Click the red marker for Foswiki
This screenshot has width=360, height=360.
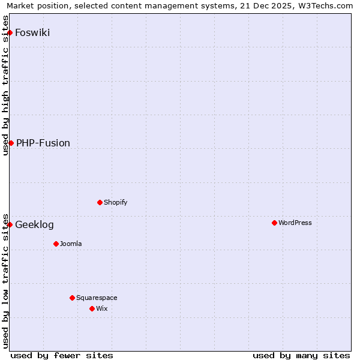click(x=10, y=32)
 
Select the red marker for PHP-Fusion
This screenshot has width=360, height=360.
click(x=11, y=143)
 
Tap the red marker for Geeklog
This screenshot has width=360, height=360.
click(x=10, y=224)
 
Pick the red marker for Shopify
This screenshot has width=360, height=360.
click(x=100, y=202)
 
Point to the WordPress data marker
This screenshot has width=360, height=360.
click(x=274, y=223)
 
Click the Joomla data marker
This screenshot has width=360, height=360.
click(x=56, y=244)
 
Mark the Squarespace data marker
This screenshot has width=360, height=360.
click(x=72, y=298)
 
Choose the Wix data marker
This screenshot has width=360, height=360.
click(x=92, y=308)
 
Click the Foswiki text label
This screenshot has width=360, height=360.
click(x=32, y=32)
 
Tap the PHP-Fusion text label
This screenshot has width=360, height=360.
click(x=43, y=143)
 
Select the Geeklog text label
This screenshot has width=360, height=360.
click(x=34, y=224)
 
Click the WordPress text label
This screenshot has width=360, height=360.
click(x=295, y=223)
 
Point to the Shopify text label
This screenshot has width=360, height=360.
click(x=116, y=202)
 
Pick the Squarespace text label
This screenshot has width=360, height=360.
click(x=97, y=298)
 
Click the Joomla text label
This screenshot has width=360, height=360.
click(x=71, y=244)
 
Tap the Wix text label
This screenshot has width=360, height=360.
click(x=102, y=308)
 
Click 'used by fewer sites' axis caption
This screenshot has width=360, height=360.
click(x=62, y=355)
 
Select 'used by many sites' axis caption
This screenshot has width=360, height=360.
click(x=301, y=355)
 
